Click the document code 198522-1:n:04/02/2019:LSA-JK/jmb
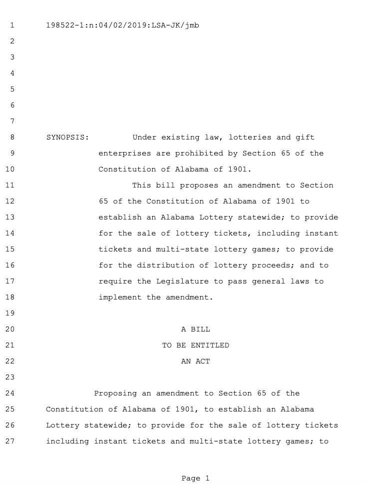click(x=122, y=25)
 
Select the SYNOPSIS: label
click(x=67, y=137)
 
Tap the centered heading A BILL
click(x=195, y=329)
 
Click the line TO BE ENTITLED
click(x=195, y=345)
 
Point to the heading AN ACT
click(x=195, y=361)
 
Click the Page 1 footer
click(x=195, y=479)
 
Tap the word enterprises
click(x=125, y=153)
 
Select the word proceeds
click(x=274, y=265)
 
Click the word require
click(x=115, y=281)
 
